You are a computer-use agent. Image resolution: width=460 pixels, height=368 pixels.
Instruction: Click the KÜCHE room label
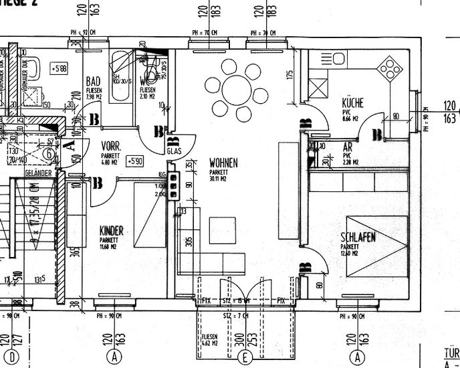click(352, 103)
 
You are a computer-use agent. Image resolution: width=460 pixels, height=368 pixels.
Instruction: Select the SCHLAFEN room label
click(357, 238)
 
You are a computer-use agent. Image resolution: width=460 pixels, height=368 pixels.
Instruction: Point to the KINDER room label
click(112, 231)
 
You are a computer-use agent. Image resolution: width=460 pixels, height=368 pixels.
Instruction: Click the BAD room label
click(94, 82)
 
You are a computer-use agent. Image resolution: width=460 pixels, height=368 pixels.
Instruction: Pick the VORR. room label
click(110, 145)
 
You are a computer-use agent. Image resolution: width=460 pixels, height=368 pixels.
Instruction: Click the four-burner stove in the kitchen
click(390, 67)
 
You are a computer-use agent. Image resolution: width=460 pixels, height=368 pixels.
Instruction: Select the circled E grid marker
click(246, 359)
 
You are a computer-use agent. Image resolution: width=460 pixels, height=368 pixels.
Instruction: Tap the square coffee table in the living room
click(222, 227)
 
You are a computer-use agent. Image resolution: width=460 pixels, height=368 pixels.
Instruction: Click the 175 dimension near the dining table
click(290, 76)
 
